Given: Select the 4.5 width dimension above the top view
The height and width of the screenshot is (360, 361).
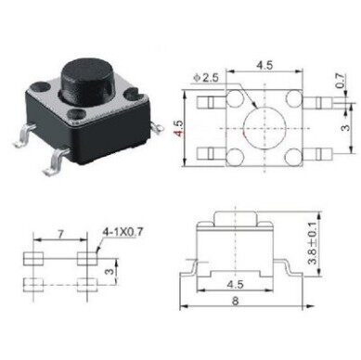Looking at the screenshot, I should click(x=264, y=66).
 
